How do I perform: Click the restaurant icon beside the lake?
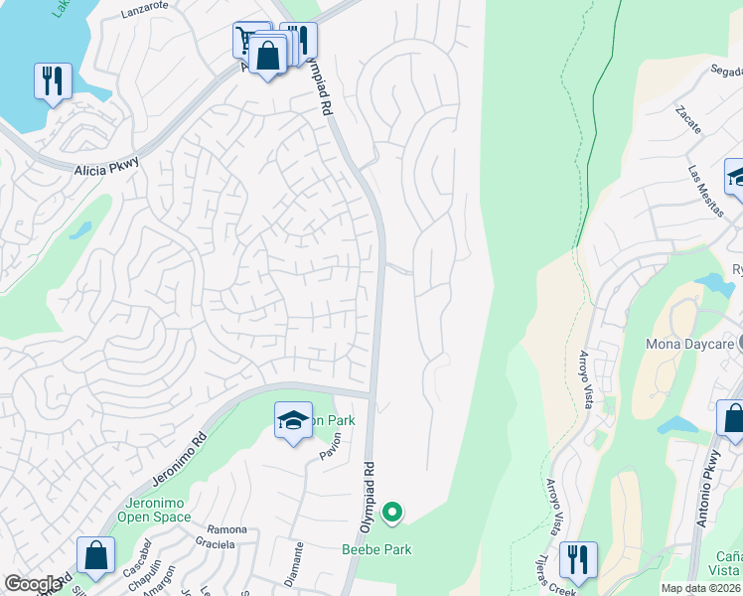coord(53,81)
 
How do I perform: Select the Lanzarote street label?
coord(145,13)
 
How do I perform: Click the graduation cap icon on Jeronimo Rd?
coord(293,423)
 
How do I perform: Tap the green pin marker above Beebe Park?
coord(392,513)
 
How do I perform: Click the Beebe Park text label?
coord(376,549)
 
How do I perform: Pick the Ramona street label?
coord(226,529)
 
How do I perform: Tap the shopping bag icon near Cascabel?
coord(95,556)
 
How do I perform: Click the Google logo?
coord(33,583)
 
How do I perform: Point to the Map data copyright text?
coord(700,588)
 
